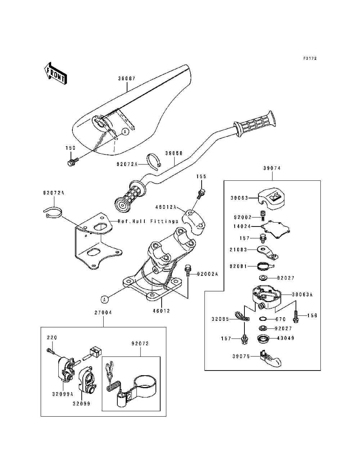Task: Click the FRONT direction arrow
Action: pyautogui.click(x=55, y=74)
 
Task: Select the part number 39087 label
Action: pyautogui.click(x=127, y=78)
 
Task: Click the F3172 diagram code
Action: pyautogui.click(x=310, y=58)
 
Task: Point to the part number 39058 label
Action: pyautogui.click(x=174, y=153)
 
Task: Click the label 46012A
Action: pyautogui.click(x=166, y=207)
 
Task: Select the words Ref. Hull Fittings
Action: pyautogui.click(x=148, y=221)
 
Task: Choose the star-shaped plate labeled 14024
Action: pyautogui.click(x=275, y=229)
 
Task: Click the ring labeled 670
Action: pyautogui.click(x=263, y=319)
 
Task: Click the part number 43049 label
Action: pyautogui.click(x=286, y=338)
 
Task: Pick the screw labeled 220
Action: pyautogui.click(x=51, y=351)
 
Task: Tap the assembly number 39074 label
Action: pyautogui.click(x=272, y=168)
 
